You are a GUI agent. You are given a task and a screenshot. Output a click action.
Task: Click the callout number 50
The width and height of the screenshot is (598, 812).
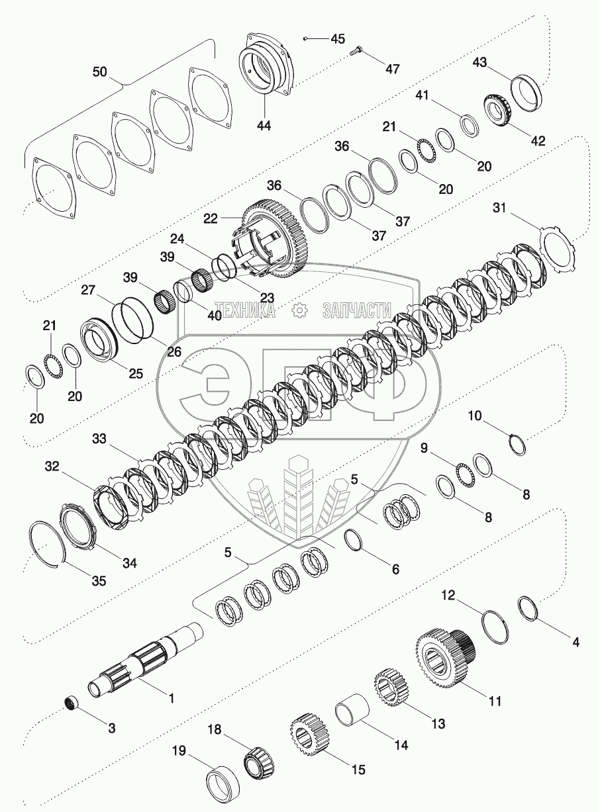tap(99, 72)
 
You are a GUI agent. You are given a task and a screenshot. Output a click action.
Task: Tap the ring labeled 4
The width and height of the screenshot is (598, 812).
tap(527, 607)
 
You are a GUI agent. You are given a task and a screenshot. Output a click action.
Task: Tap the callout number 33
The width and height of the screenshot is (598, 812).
tap(99, 438)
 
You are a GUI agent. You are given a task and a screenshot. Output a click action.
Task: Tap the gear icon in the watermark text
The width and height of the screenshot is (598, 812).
tap(299, 309)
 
